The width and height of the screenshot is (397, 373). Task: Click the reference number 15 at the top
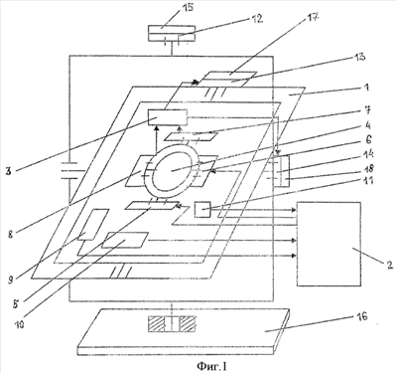click(188, 8)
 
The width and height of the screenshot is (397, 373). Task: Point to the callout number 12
click(256, 19)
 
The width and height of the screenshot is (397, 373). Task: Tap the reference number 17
click(312, 17)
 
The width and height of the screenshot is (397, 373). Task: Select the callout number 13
click(359, 57)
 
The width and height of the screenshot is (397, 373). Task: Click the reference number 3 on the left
click(8, 171)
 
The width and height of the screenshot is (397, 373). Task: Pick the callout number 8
click(11, 234)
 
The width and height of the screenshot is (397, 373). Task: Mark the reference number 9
click(12, 280)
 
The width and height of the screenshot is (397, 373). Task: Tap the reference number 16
click(362, 316)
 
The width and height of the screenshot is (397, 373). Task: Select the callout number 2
click(389, 265)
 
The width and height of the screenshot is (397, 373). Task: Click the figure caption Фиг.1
click(212, 366)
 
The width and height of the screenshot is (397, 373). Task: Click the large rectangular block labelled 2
click(329, 244)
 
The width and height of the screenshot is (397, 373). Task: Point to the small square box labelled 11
click(202, 210)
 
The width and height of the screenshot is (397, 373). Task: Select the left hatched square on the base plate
click(157, 324)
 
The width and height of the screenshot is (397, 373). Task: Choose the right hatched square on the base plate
click(187, 324)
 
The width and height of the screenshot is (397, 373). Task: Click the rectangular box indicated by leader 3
click(168, 117)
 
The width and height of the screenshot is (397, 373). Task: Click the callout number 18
click(368, 168)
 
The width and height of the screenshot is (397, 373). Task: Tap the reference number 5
click(16, 304)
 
